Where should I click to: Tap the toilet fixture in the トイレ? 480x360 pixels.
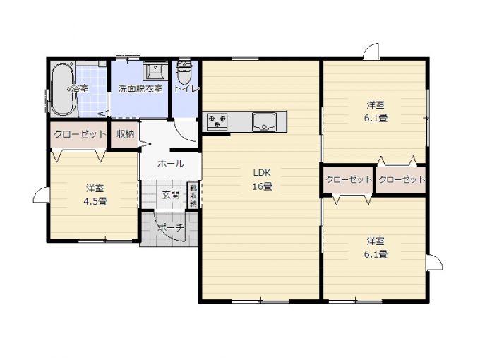184,72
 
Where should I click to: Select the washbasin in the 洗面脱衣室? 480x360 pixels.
155,71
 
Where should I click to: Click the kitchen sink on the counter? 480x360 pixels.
264,121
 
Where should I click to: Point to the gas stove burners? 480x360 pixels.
217,120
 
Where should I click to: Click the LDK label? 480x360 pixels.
262,173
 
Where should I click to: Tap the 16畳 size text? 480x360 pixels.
262,186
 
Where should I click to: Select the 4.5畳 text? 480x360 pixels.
95,202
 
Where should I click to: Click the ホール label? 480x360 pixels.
171,164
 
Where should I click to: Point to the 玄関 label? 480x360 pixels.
171,195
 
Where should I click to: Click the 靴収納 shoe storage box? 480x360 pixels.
193,196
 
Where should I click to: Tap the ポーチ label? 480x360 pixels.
171,228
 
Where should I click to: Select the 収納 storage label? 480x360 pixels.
126,134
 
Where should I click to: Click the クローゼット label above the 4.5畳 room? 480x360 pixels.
80,134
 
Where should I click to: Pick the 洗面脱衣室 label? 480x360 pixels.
140,89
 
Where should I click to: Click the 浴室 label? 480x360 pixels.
80,89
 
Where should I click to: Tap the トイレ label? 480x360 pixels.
186,89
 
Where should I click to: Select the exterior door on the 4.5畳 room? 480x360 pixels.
41,195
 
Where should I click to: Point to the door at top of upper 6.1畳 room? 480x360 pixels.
371,52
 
